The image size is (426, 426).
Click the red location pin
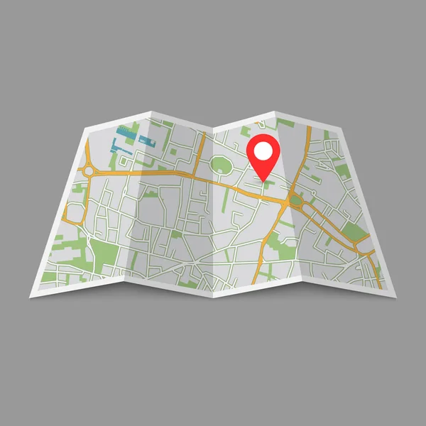click(x=264, y=153)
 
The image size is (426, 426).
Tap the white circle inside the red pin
click(x=264, y=150)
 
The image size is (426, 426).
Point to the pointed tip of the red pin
click(x=265, y=179)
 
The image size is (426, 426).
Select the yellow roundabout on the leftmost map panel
click(x=88, y=171)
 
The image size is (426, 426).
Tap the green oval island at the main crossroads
click(x=295, y=201)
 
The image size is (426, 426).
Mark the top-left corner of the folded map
click(x=84, y=129)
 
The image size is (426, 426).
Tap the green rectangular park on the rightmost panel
click(x=353, y=231)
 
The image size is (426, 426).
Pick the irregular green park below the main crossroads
click(x=288, y=248)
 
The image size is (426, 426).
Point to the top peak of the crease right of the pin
click(x=276, y=111)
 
